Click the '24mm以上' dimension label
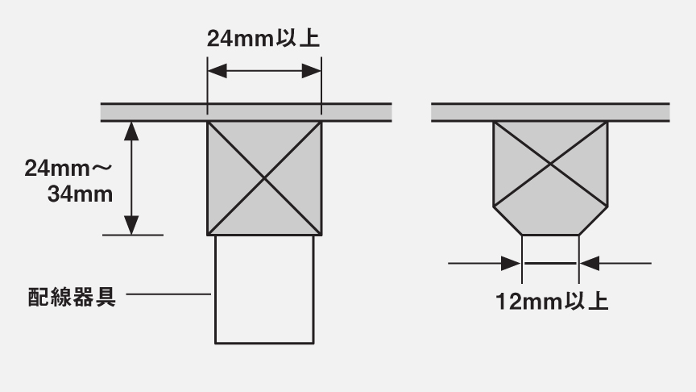(263, 38)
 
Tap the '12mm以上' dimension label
(551, 302)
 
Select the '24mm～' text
(68, 169)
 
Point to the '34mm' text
(80, 194)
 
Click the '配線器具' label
(72, 297)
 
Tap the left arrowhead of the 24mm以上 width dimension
(217, 71)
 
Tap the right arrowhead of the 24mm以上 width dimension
(311, 71)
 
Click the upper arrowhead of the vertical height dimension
(131, 131)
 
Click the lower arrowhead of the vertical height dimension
(131, 225)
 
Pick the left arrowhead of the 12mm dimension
(511, 263)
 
